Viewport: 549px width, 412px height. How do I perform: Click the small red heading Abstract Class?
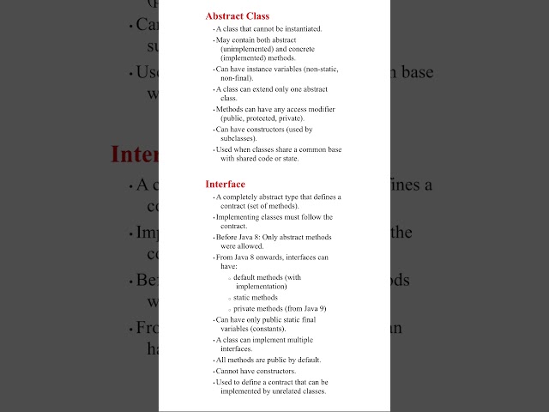tap(237, 15)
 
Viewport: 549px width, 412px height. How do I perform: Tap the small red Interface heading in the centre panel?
tap(225, 184)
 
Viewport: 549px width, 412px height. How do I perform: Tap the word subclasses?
tap(238, 138)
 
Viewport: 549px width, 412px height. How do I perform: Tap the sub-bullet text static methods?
tap(256, 297)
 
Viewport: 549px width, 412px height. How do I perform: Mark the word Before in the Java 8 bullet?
tap(226, 237)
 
